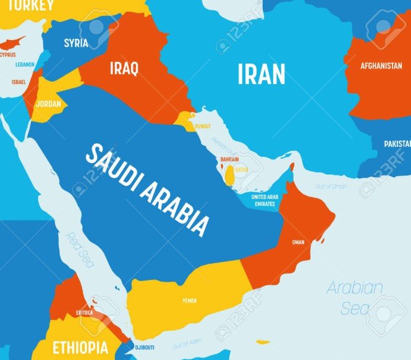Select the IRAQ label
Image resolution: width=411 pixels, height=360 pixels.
(124, 68)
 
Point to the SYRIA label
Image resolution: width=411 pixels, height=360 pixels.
(76, 43)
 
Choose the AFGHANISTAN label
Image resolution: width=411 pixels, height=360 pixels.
(373, 65)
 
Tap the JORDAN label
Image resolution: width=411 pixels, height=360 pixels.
(48, 103)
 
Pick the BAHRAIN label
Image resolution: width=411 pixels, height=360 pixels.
(229, 159)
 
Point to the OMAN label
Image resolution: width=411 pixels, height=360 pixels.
(298, 242)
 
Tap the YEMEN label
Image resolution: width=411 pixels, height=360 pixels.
(190, 301)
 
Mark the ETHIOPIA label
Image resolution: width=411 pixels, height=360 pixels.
(80, 346)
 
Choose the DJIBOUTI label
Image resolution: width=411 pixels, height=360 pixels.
(144, 347)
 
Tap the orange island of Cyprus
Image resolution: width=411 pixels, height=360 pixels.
(14, 43)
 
